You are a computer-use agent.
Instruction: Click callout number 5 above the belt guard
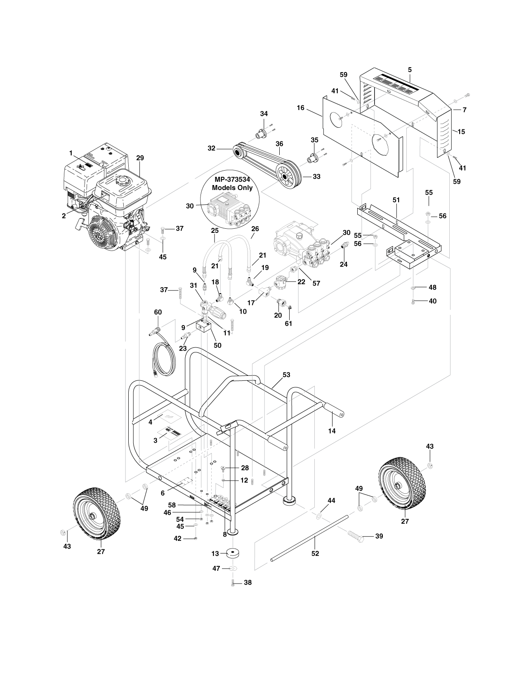tap(410, 70)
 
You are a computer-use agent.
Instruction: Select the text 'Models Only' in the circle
tap(232, 188)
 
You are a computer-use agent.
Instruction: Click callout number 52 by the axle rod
tap(315, 553)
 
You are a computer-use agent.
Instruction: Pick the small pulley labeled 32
tap(241, 152)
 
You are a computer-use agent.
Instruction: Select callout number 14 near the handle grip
tap(332, 431)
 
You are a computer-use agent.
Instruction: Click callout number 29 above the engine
tap(140, 158)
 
